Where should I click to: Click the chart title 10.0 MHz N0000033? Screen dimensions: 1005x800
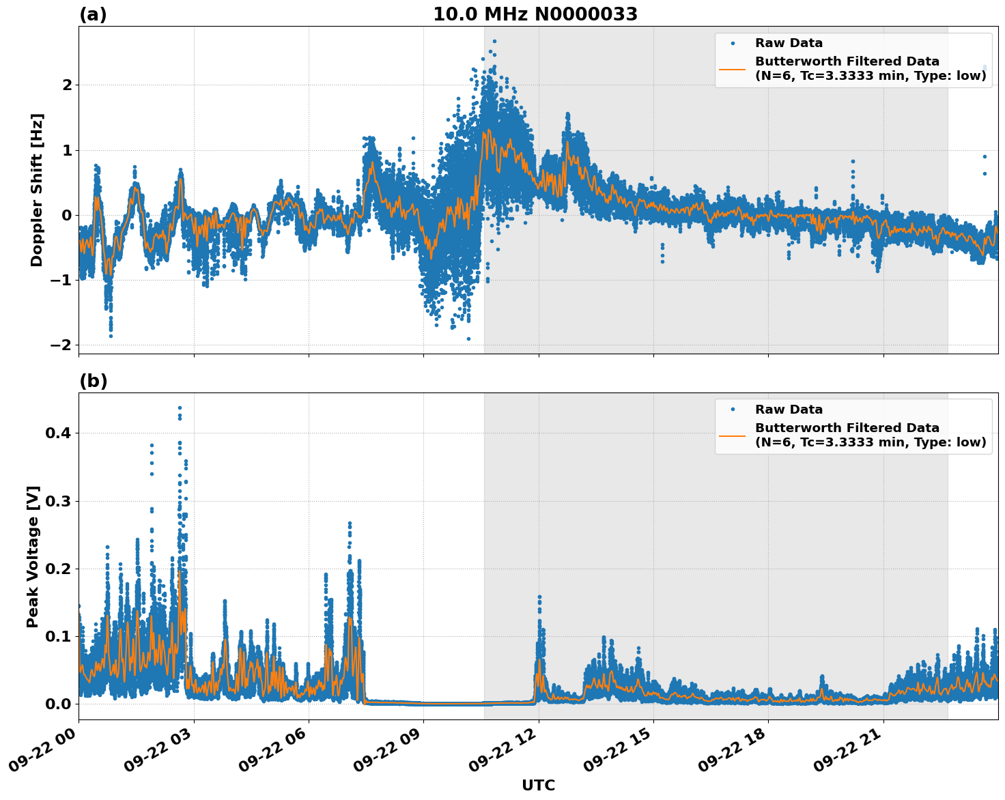click(535, 14)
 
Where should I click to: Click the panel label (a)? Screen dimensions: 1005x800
click(93, 14)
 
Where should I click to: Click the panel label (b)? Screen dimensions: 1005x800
click(93, 381)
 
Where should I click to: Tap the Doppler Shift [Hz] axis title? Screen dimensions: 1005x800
click(37, 190)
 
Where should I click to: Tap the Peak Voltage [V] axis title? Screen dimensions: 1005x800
click(33, 556)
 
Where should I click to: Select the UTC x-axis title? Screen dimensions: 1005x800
click(538, 785)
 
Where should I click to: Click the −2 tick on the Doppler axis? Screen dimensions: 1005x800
click(61, 345)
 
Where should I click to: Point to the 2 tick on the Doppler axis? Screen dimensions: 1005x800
click(67, 85)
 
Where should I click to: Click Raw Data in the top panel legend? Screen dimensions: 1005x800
click(789, 43)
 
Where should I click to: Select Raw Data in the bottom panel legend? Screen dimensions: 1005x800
click(789, 410)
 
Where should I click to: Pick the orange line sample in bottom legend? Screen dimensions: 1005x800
click(733, 435)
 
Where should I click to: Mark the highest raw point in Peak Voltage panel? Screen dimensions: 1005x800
click(180, 408)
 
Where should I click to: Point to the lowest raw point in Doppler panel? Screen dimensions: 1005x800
click(468, 339)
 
